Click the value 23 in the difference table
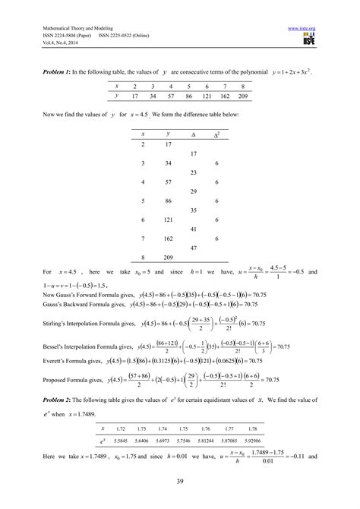[x=184, y=173]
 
